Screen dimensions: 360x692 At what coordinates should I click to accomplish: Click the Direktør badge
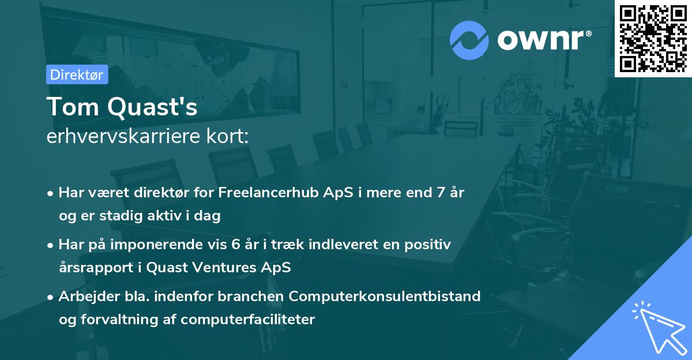click(77, 74)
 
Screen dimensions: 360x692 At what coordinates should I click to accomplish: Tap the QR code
click(653, 38)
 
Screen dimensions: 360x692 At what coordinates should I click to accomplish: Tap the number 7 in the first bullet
click(441, 193)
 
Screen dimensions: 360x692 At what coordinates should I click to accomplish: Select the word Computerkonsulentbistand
click(385, 297)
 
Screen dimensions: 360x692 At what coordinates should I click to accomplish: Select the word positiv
click(429, 245)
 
